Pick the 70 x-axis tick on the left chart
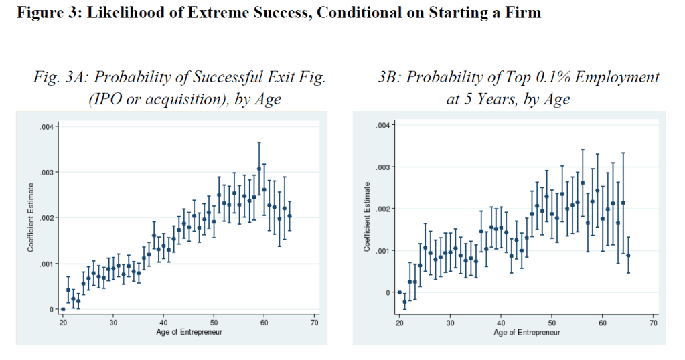315,321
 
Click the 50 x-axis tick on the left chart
214,321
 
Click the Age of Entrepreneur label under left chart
189,331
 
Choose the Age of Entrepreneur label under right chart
526,333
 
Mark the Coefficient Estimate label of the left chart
31,218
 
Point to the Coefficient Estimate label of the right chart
367,218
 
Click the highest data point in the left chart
259,169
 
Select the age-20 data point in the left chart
63,309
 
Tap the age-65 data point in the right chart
628,256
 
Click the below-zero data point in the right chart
404,302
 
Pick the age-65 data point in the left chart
289,216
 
